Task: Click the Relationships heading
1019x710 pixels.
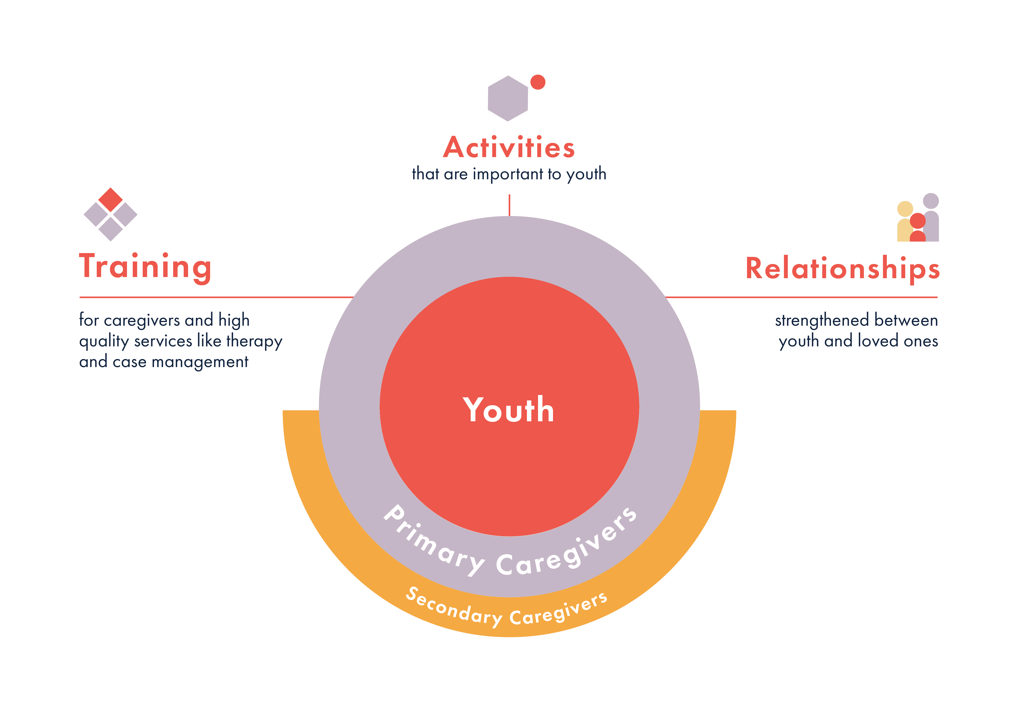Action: pos(842,269)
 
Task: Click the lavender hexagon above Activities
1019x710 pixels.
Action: pos(508,99)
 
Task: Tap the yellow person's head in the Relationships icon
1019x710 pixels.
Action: pos(905,209)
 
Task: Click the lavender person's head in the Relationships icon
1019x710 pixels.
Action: pos(931,201)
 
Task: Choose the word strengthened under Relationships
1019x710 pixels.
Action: pos(822,320)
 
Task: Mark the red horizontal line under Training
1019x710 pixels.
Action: pos(216,297)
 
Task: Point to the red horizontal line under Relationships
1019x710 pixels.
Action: pos(801,297)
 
